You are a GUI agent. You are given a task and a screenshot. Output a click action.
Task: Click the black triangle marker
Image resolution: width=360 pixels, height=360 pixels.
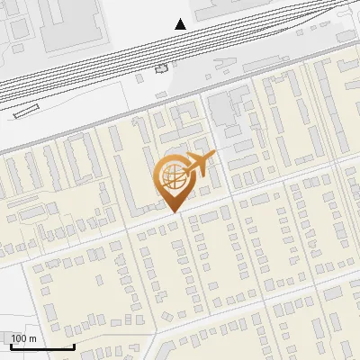pyautogui.click(x=181, y=23)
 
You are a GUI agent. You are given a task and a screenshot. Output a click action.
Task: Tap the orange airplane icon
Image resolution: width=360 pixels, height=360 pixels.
pyautogui.click(x=197, y=165)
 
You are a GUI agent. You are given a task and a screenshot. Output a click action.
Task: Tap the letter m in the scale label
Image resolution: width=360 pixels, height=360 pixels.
pyautogui.click(x=33, y=338)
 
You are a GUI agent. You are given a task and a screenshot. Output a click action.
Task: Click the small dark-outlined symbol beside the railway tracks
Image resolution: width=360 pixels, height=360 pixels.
pyautogui.click(x=162, y=68)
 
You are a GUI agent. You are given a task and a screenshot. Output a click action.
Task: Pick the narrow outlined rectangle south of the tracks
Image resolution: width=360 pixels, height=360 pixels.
pyautogui.click(x=27, y=112)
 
